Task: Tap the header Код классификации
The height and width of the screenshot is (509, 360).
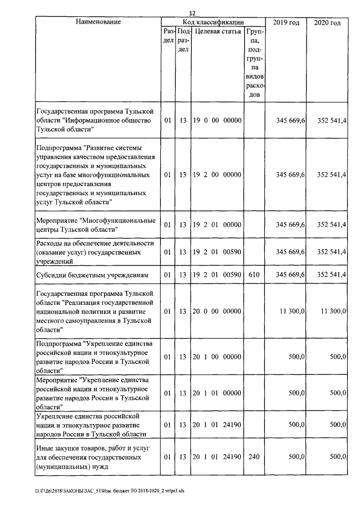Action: pyautogui.click(x=213, y=21)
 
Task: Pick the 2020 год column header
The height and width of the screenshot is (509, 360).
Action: pyautogui.click(x=328, y=22)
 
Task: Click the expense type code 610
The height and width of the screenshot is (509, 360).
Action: pyautogui.click(x=254, y=275)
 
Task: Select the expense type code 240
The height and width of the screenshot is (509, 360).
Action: pyautogui.click(x=254, y=457)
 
